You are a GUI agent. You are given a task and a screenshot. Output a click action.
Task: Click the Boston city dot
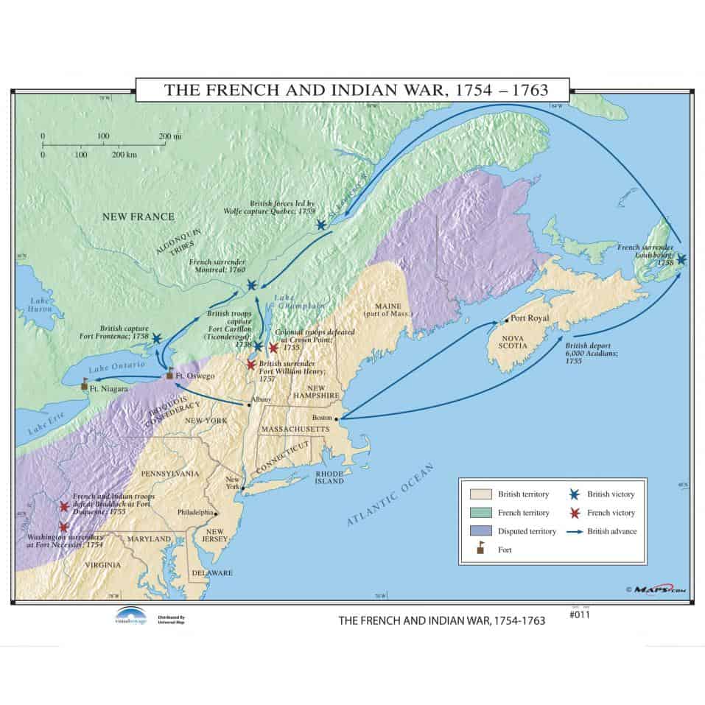pos(337,419)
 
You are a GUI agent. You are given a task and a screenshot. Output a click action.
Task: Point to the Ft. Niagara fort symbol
pos(84,384)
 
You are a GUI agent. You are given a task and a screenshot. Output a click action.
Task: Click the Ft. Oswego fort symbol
pos(170,373)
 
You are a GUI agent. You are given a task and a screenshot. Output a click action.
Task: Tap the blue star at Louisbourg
pos(681,259)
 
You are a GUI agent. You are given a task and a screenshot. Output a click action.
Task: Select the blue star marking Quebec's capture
pos(321,224)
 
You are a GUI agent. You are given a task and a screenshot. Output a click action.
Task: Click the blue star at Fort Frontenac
pos(156,339)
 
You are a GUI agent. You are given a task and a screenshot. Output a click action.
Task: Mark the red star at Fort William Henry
pos(251,365)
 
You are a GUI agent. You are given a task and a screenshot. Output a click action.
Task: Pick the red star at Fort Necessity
pos(64,527)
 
